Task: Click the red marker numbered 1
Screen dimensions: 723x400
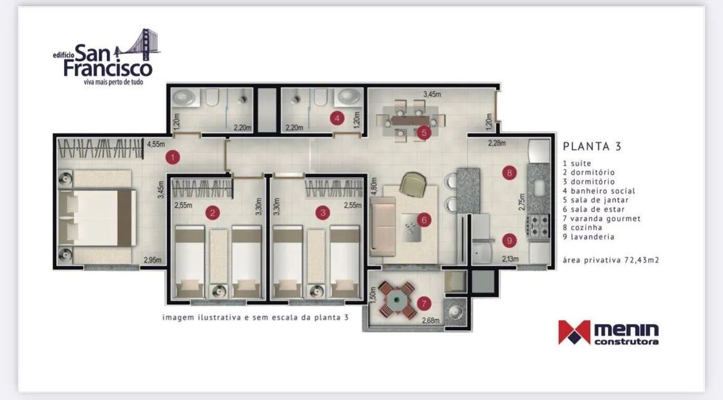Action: (x=172, y=157)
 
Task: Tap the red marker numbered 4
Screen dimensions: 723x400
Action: (x=337, y=119)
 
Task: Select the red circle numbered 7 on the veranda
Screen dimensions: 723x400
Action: (x=424, y=304)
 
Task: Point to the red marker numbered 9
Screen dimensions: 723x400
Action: (x=510, y=240)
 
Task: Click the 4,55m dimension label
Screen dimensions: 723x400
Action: (x=156, y=144)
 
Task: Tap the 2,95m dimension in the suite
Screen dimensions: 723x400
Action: (x=153, y=260)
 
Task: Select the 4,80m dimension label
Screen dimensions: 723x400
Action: (x=374, y=187)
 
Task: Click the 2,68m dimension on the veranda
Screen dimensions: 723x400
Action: (x=431, y=320)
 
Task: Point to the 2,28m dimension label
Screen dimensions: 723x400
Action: (x=497, y=143)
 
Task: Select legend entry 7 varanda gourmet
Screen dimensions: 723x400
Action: (x=602, y=219)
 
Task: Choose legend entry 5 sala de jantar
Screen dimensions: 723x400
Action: (x=596, y=200)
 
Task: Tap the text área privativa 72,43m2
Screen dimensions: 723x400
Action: (x=611, y=260)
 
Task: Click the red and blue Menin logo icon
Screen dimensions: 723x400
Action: (x=574, y=332)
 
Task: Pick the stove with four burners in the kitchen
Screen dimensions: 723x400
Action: (x=538, y=226)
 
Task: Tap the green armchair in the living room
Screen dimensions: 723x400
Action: (x=412, y=185)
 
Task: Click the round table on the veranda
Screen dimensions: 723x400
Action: (x=395, y=301)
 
